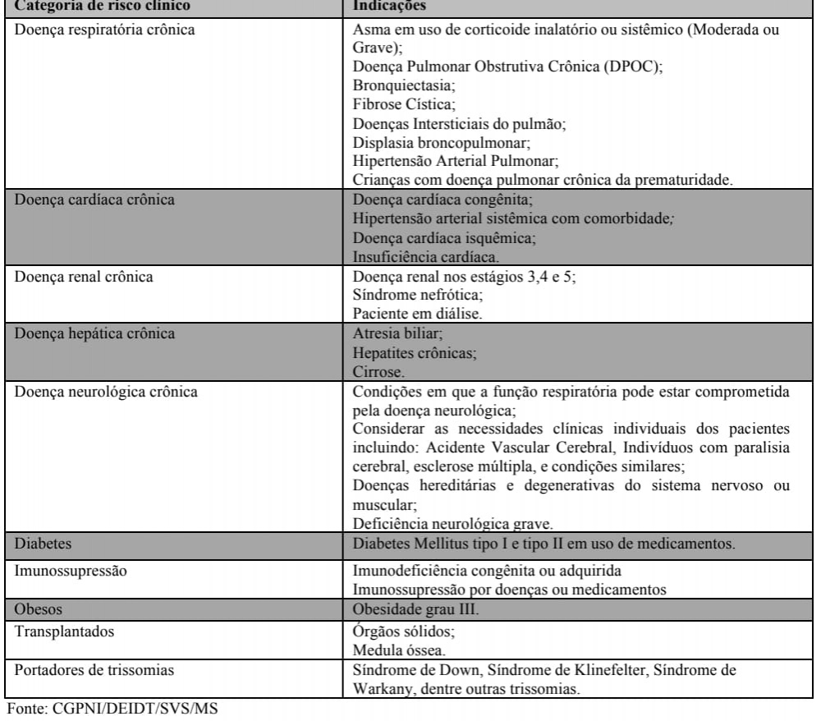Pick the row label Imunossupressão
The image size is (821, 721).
(x=62, y=568)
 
